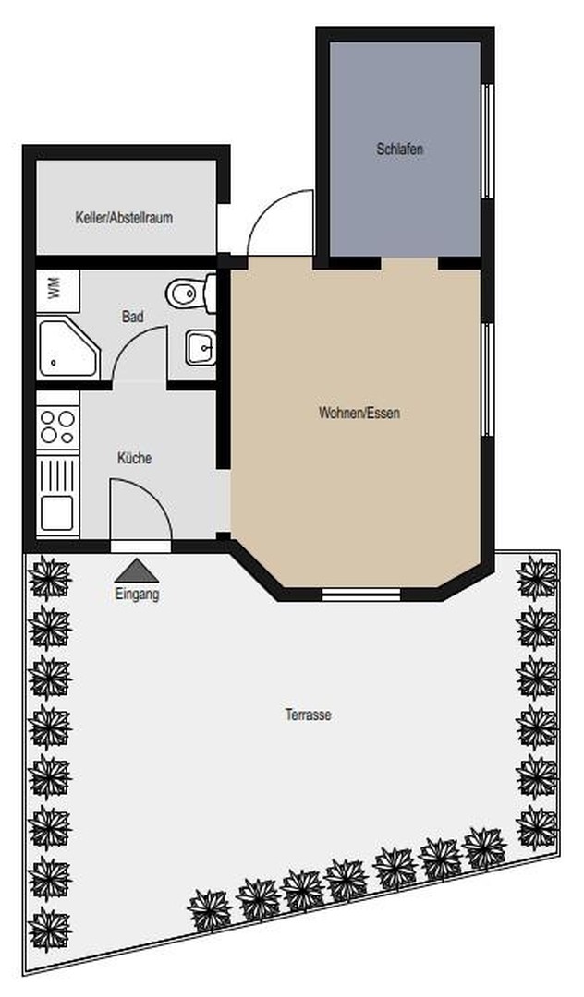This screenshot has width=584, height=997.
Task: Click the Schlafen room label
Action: click(400, 149)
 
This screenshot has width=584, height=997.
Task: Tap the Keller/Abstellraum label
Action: click(125, 219)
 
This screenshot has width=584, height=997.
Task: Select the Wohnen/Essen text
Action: click(359, 414)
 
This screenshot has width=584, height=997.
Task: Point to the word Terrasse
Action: click(309, 715)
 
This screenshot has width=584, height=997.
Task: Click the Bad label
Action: click(133, 317)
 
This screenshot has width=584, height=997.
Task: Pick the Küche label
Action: click(134, 458)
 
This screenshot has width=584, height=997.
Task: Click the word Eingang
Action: click(137, 595)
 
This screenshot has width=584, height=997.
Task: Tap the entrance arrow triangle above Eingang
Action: click(137, 570)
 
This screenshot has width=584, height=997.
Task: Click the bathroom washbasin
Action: click(200, 348)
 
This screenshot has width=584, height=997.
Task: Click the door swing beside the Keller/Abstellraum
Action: click(281, 223)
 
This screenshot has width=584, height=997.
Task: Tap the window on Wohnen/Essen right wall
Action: click(489, 379)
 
